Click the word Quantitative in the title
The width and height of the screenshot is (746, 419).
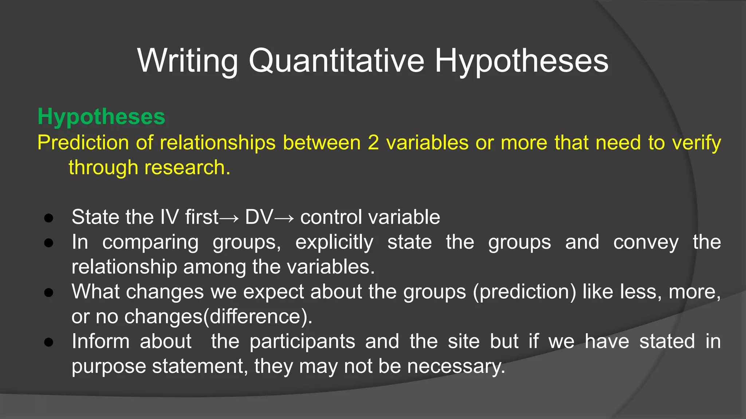pyautogui.click(x=337, y=61)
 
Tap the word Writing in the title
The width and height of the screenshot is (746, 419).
pyautogui.click(x=187, y=61)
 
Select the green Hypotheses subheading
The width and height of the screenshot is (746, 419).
pyautogui.click(x=101, y=117)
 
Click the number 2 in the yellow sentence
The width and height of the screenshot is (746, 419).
pyautogui.click(x=373, y=142)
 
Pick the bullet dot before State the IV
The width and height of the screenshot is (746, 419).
pyautogui.click(x=49, y=218)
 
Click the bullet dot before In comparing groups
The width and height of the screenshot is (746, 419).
pyautogui.click(x=49, y=243)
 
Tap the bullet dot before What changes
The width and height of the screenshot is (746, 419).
pyautogui.click(x=49, y=292)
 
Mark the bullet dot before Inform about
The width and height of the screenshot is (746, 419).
pyautogui.click(x=49, y=342)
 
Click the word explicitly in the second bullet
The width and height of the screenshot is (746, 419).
pyautogui.click(x=334, y=243)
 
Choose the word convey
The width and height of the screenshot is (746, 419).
pyautogui.click(x=645, y=243)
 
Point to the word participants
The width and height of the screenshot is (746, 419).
pyautogui.click(x=302, y=342)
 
